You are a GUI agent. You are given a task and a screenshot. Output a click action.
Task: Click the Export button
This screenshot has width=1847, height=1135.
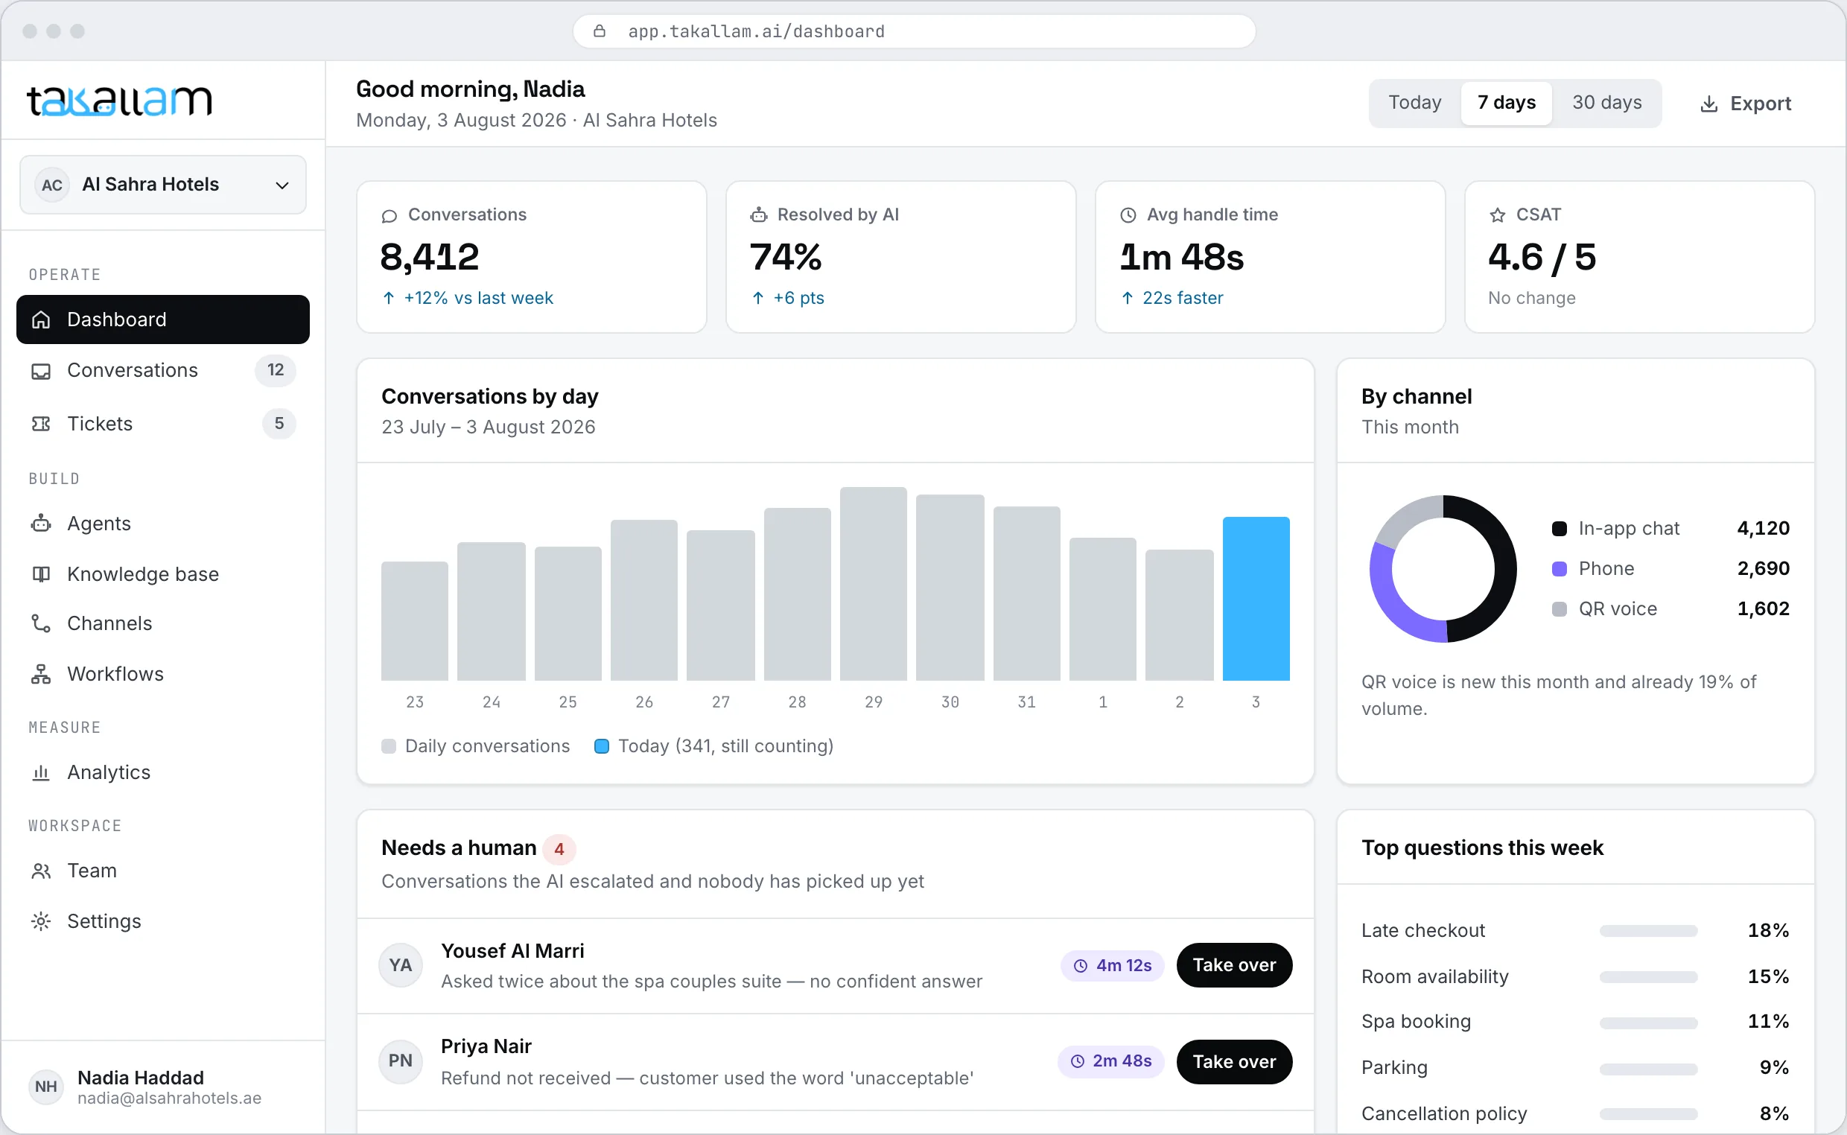[1745, 104]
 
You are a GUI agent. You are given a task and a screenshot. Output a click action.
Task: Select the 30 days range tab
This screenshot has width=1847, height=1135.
[1607, 103]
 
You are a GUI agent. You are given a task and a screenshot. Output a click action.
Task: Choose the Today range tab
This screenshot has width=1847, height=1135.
[1415, 103]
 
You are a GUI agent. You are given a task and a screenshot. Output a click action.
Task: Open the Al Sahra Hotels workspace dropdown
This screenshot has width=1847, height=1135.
[163, 185]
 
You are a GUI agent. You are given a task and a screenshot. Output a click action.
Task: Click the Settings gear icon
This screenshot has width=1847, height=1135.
[41, 921]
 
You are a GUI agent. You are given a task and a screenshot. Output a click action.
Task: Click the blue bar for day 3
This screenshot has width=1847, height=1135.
[1256, 598]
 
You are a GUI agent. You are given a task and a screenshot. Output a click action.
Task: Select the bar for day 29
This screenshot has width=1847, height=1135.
[873, 584]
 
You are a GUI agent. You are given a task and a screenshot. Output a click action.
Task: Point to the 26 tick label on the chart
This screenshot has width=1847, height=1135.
[644, 702]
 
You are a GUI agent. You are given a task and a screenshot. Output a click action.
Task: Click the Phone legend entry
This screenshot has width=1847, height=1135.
[1606, 568]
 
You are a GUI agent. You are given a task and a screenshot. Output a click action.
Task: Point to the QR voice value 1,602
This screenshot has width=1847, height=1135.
[1763, 608]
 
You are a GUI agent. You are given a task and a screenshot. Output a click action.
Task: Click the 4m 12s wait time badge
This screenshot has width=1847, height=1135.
[1112, 965]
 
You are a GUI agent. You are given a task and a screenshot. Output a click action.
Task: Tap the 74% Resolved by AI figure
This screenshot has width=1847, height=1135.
[786, 257]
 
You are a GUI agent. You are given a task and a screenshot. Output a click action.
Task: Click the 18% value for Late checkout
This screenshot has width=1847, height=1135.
[1768, 931]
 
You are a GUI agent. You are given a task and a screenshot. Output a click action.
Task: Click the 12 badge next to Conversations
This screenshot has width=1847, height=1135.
[276, 370]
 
